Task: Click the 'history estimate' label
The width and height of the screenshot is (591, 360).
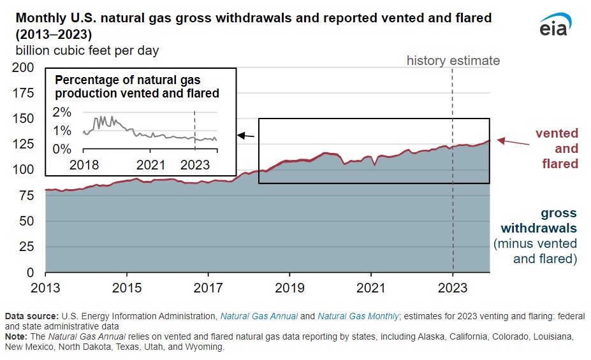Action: tap(453, 61)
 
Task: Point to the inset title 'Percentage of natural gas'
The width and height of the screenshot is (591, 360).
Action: tap(128, 80)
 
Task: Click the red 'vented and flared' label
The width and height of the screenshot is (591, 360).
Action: tap(557, 148)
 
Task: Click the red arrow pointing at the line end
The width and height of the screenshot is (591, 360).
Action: tap(513, 142)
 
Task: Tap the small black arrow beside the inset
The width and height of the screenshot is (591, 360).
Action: tap(246, 135)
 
